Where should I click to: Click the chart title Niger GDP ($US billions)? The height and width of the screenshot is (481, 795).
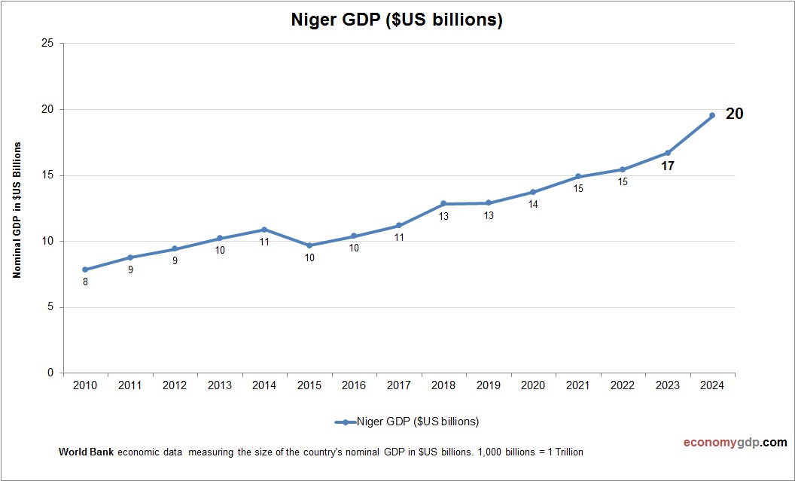point(397,20)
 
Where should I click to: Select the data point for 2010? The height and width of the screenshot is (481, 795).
point(85,269)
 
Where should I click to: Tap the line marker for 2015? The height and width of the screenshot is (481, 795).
point(309,245)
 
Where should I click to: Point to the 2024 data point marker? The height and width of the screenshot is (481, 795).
point(711,115)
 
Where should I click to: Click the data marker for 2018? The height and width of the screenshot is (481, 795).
point(443,203)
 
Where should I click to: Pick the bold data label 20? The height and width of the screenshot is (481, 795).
point(734,114)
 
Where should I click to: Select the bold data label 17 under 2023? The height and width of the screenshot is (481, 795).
point(667,166)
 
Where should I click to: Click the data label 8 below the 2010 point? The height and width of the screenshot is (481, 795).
point(85,283)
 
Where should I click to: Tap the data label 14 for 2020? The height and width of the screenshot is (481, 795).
point(533,205)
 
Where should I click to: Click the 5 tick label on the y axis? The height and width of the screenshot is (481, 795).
point(50,307)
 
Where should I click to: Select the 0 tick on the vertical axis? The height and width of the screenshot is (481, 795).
point(50,373)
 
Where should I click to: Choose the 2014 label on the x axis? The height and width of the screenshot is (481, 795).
point(264,385)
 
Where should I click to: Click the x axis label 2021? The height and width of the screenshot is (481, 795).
point(577,385)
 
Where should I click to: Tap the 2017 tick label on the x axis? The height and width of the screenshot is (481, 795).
point(398,385)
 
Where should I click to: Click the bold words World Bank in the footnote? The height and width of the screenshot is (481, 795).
point(86,452)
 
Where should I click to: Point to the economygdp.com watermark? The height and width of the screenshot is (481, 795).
point(724,443)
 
